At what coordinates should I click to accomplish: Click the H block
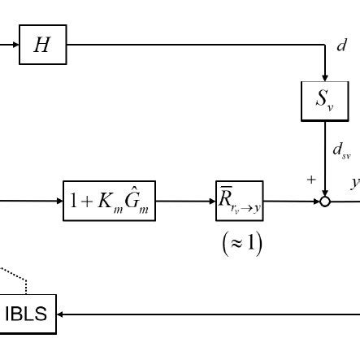click(42, 45)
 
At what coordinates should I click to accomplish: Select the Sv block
click(324, 101)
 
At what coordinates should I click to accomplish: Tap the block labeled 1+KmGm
click(109, 201)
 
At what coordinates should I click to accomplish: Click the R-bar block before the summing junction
click(239, 201)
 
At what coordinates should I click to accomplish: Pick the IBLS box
click(26, 314)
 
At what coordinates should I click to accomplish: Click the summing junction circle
click(325, 201)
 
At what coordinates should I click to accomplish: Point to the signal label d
click(342, 46)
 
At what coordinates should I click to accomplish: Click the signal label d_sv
click(341, 150)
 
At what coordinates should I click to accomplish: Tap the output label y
click(354, 182)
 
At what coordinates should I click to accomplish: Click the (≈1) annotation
click(241, 243)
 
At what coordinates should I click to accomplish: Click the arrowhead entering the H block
click(15, 45)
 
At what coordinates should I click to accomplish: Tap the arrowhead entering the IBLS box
click(62, 314)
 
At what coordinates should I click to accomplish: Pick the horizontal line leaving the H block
click(195, 45)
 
